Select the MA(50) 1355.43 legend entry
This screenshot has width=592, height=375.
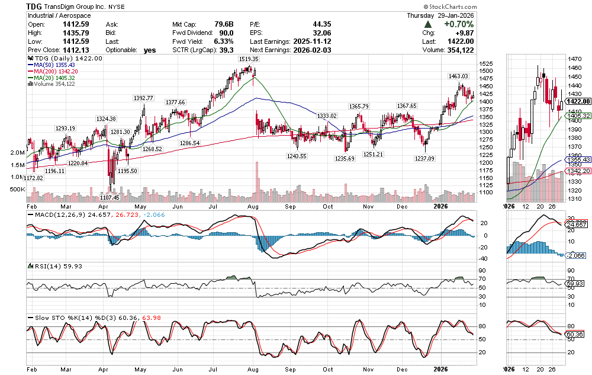pyautogui.click(x=59, y=65)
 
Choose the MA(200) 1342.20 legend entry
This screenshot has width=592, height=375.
pyautogui.click(x=60, y=71)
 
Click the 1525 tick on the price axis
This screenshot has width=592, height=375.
pyautogui.click(x=486, y=64)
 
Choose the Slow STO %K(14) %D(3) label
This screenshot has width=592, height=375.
pyautogui.click(x=70, y=318)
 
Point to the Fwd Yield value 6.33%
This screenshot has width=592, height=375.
pyautogui.click(x=223, y=41)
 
